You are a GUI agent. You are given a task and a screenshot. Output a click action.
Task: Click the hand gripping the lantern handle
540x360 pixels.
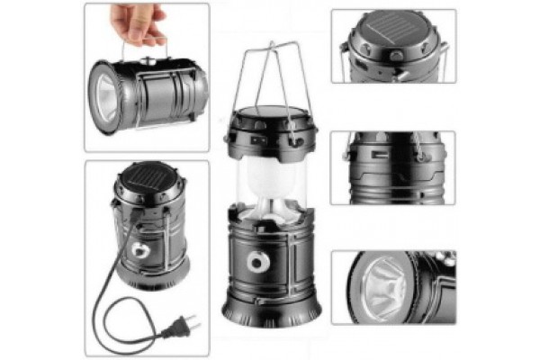point(144,22)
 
